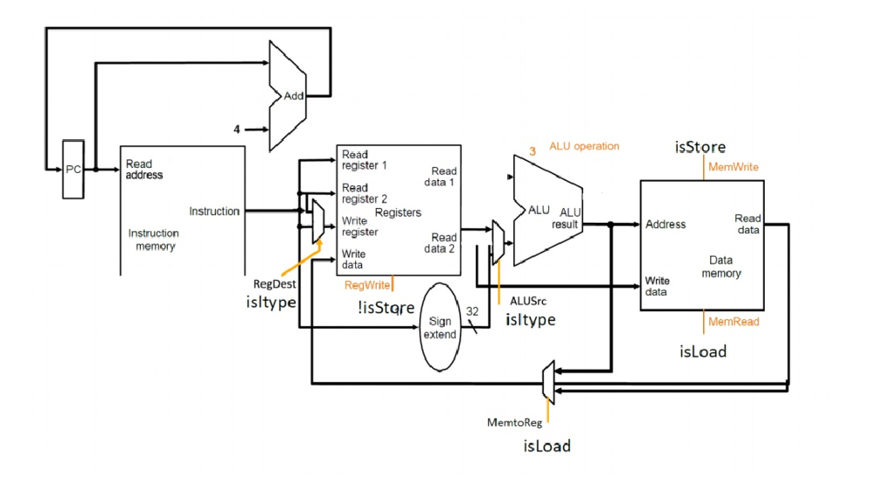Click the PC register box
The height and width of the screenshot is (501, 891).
pyautogui.click(x=73, y=170)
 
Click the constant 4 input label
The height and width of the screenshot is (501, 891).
pyautogui.click(x=236, y=129)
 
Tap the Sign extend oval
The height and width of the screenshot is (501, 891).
pyautogui.click(x=439, y=328)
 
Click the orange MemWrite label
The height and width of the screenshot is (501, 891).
pyautogui.click(x=734, y=167)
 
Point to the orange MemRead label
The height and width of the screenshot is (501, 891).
pyautogui.click(x=734, y=322)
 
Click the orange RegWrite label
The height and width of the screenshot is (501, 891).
pyautogui.click(x=366, y=284)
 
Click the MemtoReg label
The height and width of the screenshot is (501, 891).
pyautogui.click(x=514, y=423)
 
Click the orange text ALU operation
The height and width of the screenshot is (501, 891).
pyautogui.click(x=584, y=146)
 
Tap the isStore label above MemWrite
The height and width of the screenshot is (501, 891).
pyautogui.click(x=700, y=147)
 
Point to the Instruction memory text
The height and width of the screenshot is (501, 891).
pyautogui.click(x=154, y=239)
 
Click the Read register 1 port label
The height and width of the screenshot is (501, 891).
pyautogui.click(x=364, y=160)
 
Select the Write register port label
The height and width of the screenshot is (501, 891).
pyautogui.click(x=359, y=226)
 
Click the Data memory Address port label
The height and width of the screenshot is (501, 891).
pyautogui.click(x=666, y=224)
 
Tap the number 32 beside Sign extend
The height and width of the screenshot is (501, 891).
pyautogui.click(x=472, y=311)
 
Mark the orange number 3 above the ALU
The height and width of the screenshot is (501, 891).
pyautogui.click(x=532, y=150)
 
